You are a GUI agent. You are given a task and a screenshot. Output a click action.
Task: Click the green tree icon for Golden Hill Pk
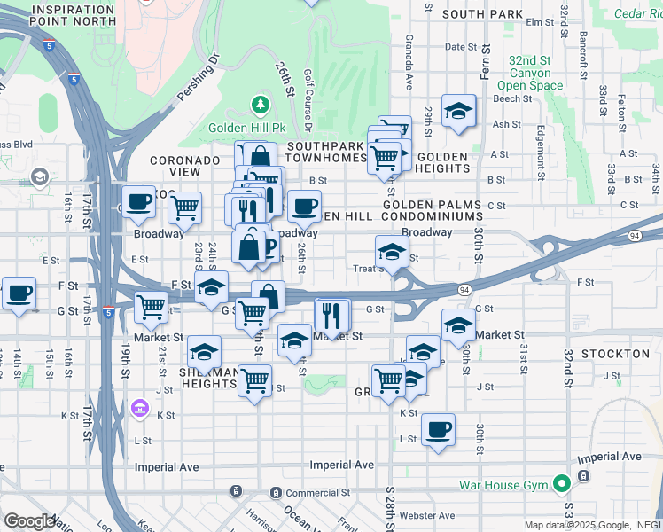coord(261,106)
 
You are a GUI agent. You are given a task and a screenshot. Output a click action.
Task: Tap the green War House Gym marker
coord(560,485)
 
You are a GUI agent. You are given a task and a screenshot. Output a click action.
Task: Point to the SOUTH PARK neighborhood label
coord(483,14)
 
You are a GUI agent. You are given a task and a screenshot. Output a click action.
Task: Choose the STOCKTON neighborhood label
coord(617,354)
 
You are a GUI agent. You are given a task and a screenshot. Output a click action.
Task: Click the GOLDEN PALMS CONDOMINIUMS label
coord(432,210)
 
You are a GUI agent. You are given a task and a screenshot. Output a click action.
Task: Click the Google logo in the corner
coord(28,521)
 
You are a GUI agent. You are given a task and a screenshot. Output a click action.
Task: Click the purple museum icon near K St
coord(139,408)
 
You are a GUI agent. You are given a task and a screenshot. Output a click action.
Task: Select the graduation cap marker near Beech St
coord(458,111)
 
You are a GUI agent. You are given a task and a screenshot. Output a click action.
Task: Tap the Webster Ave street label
coord(426,515)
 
